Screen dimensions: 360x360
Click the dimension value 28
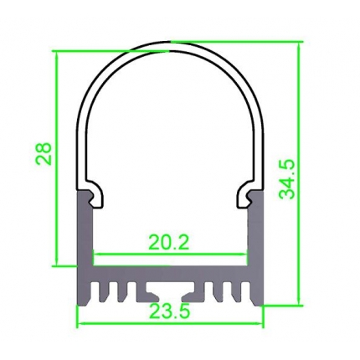coord(44,153)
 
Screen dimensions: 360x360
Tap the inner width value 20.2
coord(169,242)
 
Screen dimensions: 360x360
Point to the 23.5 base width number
coord(170,312)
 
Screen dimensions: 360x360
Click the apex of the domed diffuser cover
coord(171,42)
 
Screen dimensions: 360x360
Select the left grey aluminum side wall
coord(85,234)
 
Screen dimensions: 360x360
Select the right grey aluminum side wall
coord(255,234)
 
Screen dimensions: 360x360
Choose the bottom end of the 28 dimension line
coord(57,265)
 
